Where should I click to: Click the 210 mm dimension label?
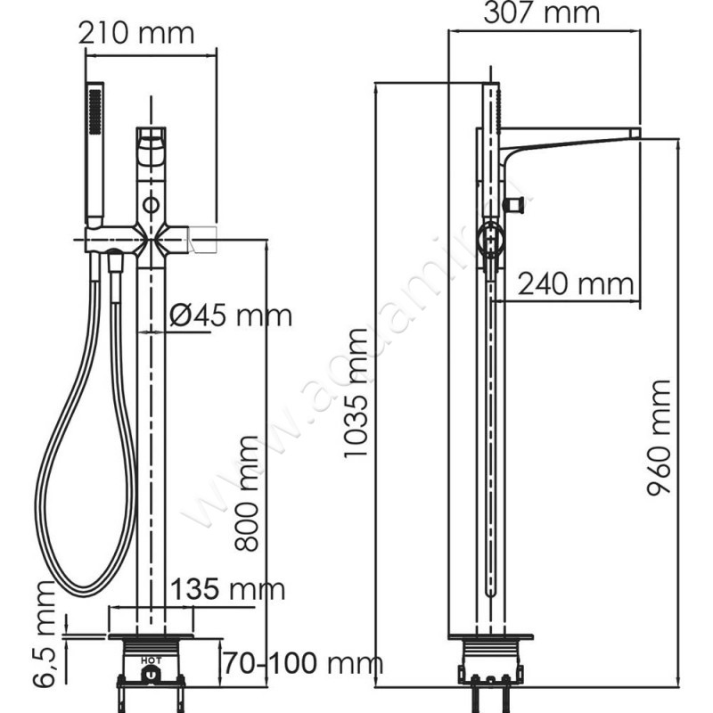135,35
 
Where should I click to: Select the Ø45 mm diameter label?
230,315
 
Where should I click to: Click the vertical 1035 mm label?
356,393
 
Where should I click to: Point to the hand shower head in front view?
94,152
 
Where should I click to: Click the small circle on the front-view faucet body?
152,206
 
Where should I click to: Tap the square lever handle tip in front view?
205,238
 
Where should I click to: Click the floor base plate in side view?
490,639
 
